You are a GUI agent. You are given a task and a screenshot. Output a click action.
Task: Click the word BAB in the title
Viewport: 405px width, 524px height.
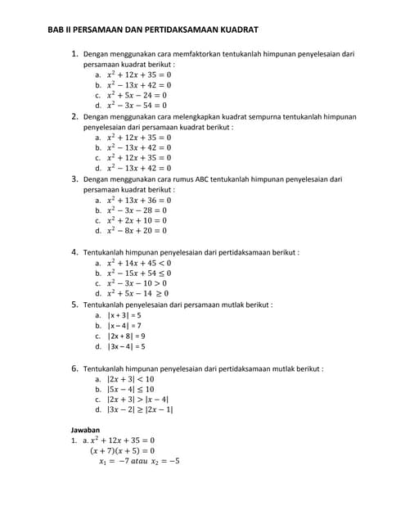(x=58, y=29)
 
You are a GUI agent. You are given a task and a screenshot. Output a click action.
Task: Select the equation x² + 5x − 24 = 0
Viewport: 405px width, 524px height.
(x=137, y=94)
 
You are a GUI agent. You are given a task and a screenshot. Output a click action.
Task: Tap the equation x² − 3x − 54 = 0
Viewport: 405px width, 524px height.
(x=137, y=105)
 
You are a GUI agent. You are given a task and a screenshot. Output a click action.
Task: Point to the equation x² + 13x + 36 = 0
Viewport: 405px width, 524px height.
(x=139, y=200)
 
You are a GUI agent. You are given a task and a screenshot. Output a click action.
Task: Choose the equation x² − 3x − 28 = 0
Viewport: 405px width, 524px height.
(x=137, y=210)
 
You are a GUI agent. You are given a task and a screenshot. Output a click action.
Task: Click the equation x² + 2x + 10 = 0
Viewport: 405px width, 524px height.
(x=137, y=220)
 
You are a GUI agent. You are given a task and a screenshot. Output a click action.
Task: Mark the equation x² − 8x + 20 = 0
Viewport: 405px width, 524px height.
(x=137, y=231)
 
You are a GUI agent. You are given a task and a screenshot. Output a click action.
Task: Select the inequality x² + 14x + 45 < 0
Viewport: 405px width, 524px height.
(x=139, y=263)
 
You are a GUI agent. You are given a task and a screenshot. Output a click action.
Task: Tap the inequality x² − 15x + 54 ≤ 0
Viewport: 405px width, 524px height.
(x=139, y=273)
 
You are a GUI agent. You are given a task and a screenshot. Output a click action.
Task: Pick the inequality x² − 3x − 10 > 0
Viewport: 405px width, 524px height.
(x=137, y=283)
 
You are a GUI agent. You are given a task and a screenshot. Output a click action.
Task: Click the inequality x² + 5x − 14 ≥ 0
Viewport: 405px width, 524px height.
(x=138, y=293)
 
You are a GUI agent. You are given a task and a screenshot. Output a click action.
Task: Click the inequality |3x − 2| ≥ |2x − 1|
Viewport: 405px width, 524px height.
(x=140, y=409)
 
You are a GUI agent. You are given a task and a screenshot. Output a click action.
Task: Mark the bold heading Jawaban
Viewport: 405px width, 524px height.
(x=85, y=429)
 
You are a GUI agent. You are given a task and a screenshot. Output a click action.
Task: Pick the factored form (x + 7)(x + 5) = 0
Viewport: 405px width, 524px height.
(x=122, y=450)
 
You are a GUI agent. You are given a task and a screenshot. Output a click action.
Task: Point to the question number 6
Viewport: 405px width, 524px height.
(x=74, y=368)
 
